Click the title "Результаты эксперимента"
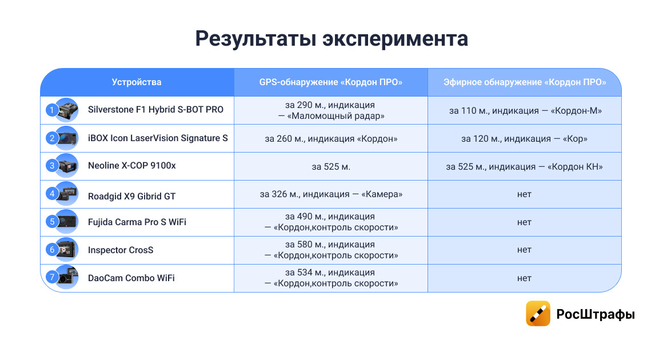click(331, 39)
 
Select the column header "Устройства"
click(137, 82)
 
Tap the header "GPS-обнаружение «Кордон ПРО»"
click(331, 82)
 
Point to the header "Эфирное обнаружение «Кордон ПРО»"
click(524, 82)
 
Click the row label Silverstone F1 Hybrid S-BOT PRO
click(155, 110)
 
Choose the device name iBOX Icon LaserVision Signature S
click(158, 138)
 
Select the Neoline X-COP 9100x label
click(132, 166)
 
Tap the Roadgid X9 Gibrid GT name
click(131, 196)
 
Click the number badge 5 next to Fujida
click(52, 221)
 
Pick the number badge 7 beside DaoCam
click(52, 278)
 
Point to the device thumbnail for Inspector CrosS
click(67, 250)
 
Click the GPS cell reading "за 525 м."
click(331, 167)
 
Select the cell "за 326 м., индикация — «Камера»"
click(331, 194)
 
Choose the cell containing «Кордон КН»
click(524, 167)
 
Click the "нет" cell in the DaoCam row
click(524, 278)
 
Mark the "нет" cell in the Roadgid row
click(524, 194)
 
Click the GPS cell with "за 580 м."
click(331, 250)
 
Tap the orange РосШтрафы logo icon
click(538, 314)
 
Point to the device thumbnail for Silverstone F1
click(67, 110)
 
